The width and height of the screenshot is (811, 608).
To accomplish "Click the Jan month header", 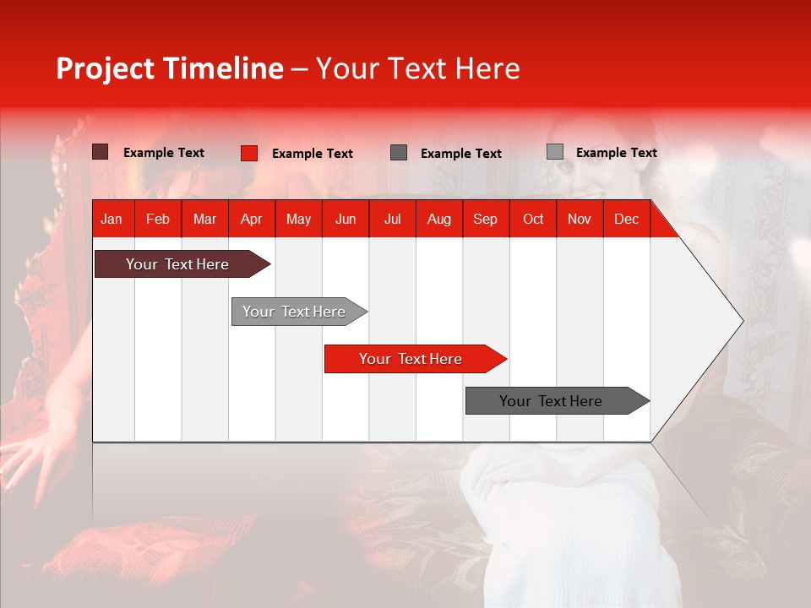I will pyautogui.click(x=112, y=219).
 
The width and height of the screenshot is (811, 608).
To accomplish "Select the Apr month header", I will pyautogui.click(x=251, y=219).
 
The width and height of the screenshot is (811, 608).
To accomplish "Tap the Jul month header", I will pyautogui.click(x=392, y=219).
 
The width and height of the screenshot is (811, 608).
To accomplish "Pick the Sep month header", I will pyautogui.click(x=485, y=219).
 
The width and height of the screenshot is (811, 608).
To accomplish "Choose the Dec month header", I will pyautogui.click(x=626, y=219).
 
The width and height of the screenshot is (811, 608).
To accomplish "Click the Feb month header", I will pyautogui.click(x=158, y=219).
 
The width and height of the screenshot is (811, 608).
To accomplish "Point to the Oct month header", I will pyautogui.click(x=533, y=219).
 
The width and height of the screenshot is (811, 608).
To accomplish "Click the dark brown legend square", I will pyautogui.click(x=100, y=152).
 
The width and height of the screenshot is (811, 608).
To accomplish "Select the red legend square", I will pyautogui.click(x=248, y=153).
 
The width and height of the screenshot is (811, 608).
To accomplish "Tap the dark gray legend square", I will pyautogui.click(x=399, y=152).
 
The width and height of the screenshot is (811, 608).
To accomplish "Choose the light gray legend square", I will pyautogui.click(x=554, y=152).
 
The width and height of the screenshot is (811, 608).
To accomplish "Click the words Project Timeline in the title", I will pyautogui.click(x=170, y=68).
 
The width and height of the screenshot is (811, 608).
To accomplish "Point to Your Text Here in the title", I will pyautogui.click(x=417, y=68).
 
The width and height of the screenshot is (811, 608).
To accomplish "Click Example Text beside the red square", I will pyautogui.click(x=312, y=154).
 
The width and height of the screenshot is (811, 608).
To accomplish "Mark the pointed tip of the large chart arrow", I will pyautogui.click(x=742, y=320).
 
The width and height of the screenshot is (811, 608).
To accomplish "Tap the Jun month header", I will pyautogui.click(x=346, y=219).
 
